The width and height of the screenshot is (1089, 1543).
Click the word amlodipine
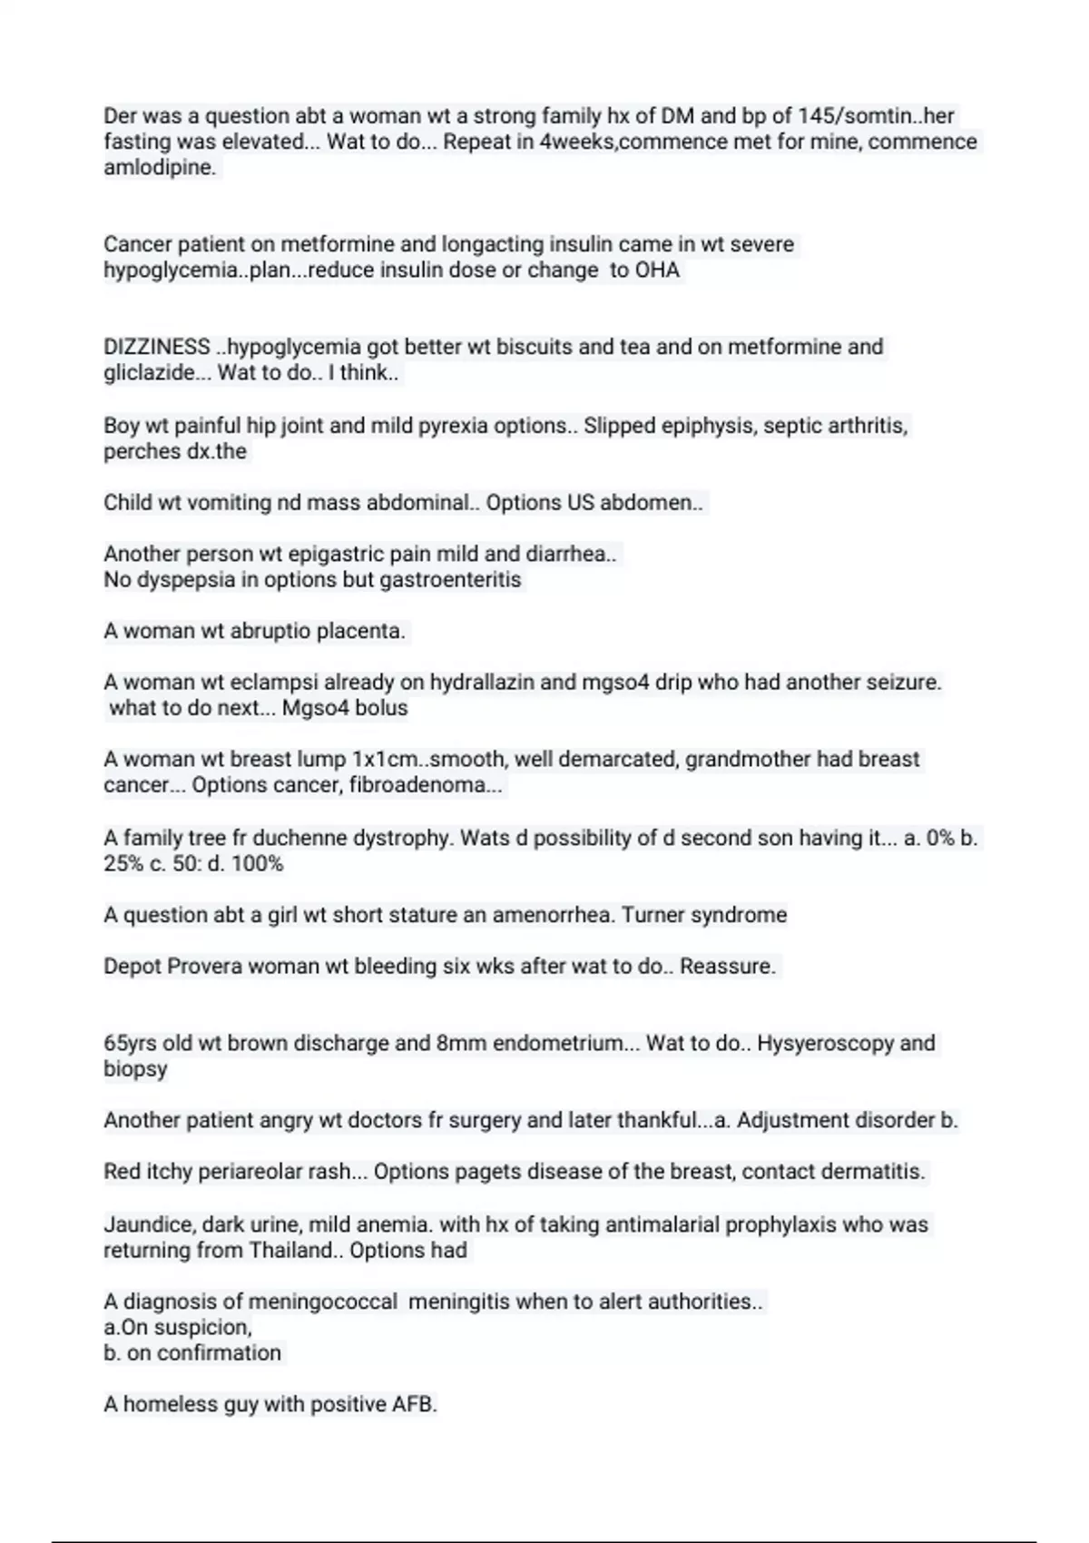click(x=159, y=168)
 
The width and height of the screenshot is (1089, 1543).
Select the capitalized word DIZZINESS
click(x=156, y=347)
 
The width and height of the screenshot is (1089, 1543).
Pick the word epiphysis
click(x=706, y=426)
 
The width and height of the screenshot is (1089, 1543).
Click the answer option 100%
click(x=258, y=864)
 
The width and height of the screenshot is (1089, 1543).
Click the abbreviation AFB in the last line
click(x=413, y=1405)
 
